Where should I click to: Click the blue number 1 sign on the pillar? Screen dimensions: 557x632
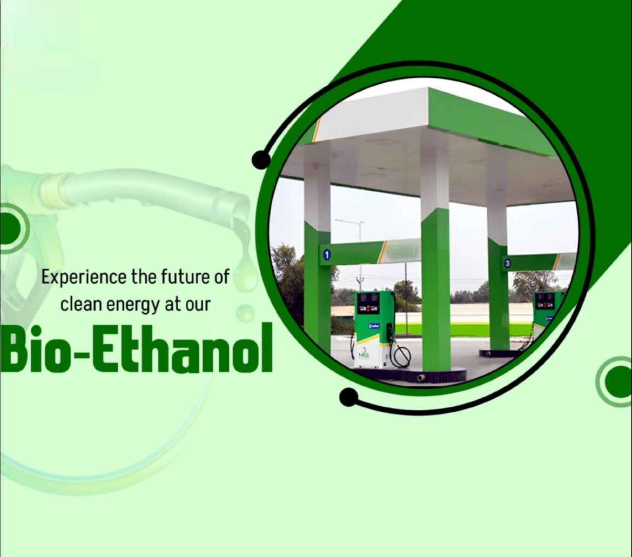click(x=326, y=253)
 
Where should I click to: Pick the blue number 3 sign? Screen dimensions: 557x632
click(x=507, y=264)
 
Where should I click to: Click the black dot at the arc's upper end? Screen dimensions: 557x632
click(x=261, y=159)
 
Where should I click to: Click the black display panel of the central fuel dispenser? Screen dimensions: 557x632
click(x=368, y=304)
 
